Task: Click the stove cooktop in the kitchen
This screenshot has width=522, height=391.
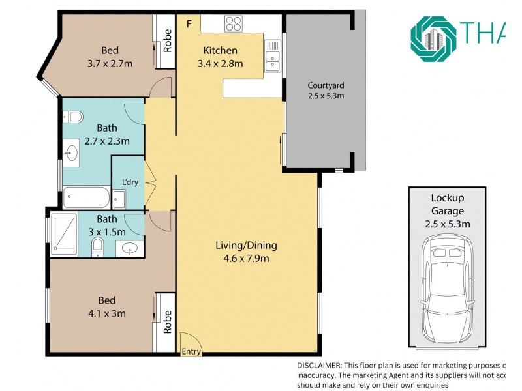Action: point(233,25)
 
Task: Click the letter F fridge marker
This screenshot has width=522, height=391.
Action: point(189,24)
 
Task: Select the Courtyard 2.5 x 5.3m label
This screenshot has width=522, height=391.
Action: point(326,91)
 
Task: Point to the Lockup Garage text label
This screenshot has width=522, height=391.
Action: point(447,205)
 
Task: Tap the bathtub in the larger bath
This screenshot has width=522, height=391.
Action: point(87,197)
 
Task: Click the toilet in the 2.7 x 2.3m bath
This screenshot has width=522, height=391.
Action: point(74,117)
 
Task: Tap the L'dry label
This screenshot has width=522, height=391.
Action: point(130,182)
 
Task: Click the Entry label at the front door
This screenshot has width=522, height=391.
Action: point(191,351)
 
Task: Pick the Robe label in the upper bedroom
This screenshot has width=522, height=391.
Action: point(167,40)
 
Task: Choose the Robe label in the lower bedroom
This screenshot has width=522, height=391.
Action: point(167,321)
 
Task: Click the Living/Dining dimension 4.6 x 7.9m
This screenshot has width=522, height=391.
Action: point(246,258)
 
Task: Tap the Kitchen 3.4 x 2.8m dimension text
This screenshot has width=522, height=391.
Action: point(220,63)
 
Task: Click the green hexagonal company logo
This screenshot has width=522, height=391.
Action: point(435,39)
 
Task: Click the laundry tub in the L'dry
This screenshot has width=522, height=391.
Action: point(119,197)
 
